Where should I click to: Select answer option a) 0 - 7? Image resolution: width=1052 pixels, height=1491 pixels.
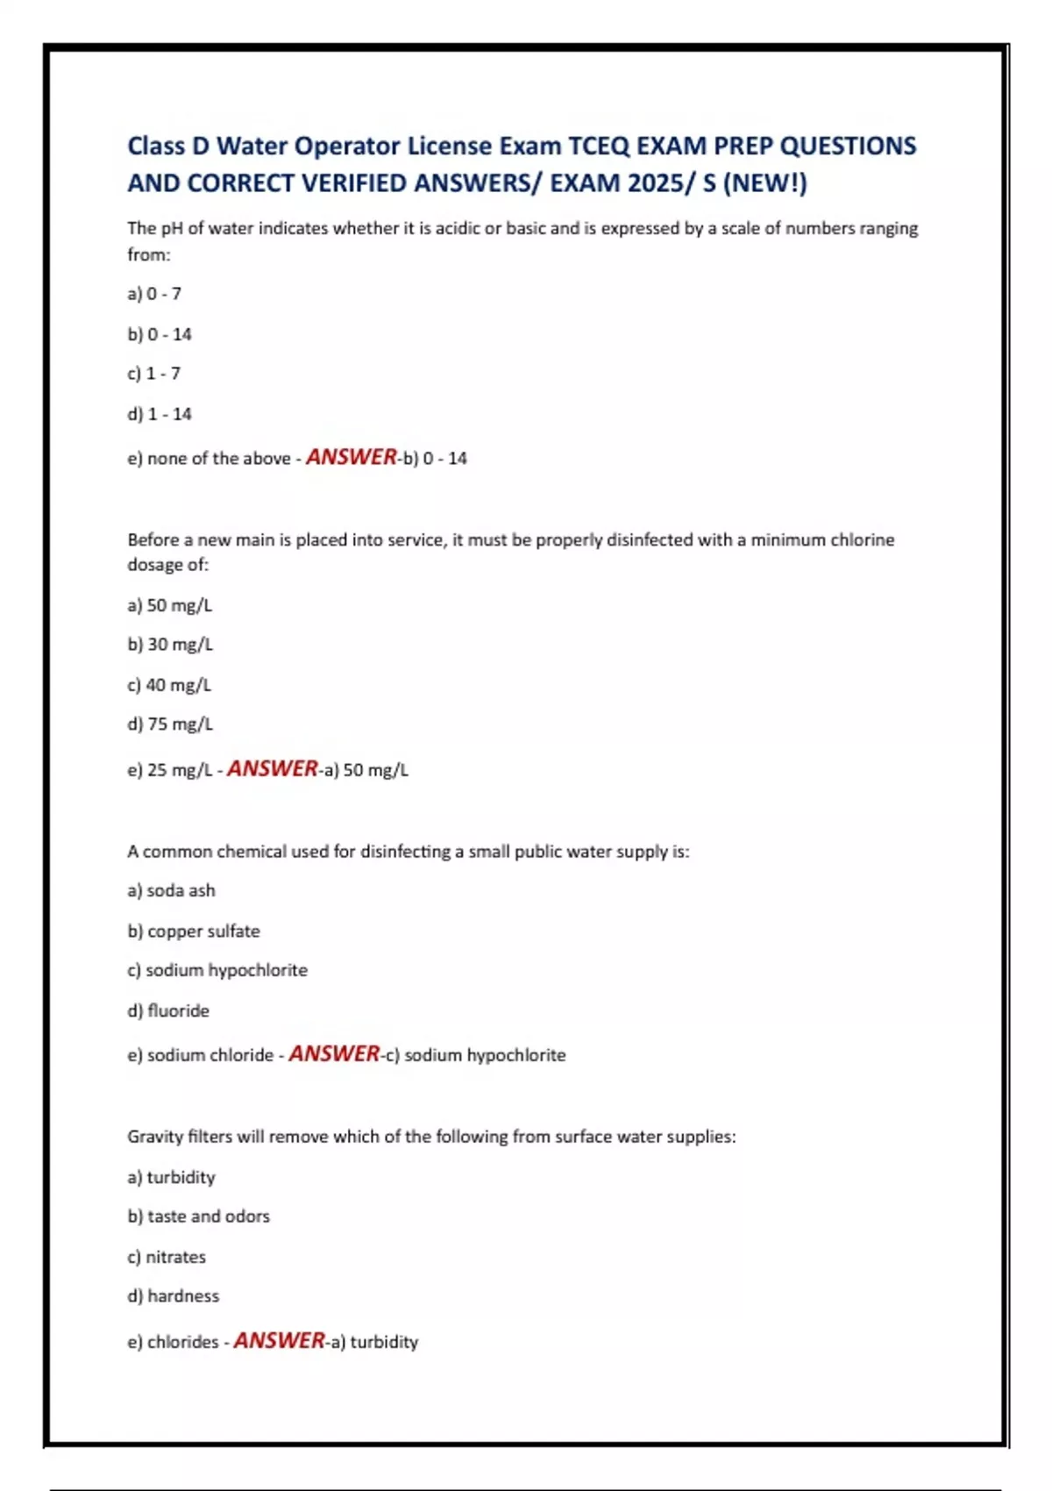click(154, 294)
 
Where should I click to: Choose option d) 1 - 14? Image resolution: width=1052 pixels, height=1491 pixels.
click(160, 414)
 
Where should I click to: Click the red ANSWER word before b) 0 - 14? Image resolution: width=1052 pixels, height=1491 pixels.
click(351, 457)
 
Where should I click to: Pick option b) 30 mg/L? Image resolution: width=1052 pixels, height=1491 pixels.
click(170, 645)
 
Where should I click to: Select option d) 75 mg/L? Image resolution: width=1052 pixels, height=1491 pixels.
click(170, 724)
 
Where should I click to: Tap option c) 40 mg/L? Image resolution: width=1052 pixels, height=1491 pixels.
click(169, 685)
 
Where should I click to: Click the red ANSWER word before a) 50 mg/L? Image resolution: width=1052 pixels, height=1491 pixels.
click(272, 769)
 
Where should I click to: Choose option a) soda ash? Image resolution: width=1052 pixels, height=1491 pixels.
click(171, 891)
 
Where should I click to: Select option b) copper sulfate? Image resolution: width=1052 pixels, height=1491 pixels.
click(194, 931)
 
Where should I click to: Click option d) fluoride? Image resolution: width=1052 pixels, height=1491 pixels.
click(168, 1011)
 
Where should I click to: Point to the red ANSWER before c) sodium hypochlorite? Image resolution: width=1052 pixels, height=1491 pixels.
click(334, 1054)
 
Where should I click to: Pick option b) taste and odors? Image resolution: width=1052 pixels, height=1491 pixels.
click(198, 1216)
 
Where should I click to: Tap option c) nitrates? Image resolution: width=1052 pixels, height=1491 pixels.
click(167, 1257)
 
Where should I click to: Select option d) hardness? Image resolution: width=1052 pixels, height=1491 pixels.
click(174, 1296)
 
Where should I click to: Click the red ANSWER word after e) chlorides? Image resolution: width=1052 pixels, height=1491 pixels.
click(279, 1341)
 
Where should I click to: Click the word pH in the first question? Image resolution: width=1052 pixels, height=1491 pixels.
click(171, 229)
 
